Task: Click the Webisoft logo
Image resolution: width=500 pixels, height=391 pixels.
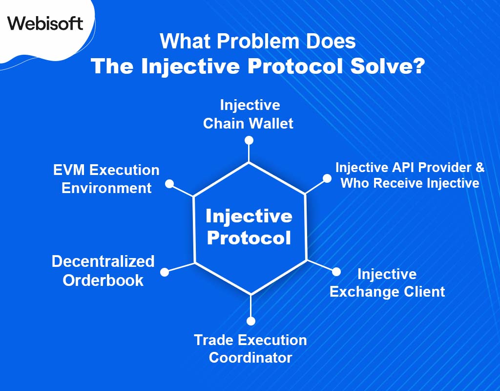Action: [45, 23]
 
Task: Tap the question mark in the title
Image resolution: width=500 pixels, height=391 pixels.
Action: [416, 66]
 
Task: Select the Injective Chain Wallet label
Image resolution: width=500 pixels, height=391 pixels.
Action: [249, 114]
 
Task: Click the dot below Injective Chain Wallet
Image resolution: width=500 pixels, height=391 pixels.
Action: [249, 140]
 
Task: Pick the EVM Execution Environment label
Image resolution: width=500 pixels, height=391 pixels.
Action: [106, 179]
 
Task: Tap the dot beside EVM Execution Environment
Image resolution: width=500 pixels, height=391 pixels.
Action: [169, 184]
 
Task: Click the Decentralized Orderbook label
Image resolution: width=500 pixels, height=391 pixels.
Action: [103, 270]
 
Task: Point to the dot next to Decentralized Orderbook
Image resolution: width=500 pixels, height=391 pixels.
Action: [165, 272]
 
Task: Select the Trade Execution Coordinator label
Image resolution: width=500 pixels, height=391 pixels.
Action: [250, 348]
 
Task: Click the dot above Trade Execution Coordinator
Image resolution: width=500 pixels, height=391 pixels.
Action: [251, 321]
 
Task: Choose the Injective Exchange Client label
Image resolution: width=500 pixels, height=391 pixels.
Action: [387, 283]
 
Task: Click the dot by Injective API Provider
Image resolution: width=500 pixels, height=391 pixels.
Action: [326, 178]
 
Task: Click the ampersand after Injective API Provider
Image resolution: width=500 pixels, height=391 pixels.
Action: [479, 167]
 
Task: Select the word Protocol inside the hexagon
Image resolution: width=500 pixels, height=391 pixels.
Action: [249, 239]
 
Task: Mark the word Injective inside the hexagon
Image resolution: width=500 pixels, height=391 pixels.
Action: [249, 216]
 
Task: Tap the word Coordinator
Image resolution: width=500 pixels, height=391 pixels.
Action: [250, 357]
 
